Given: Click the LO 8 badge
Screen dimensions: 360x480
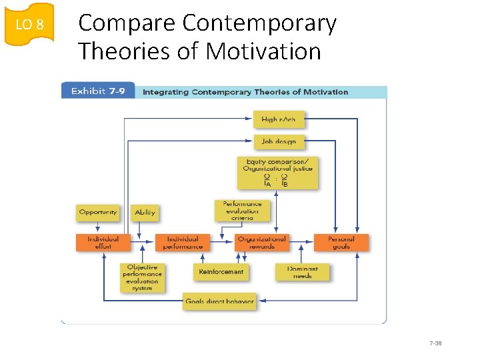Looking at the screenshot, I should [x=29, y=25].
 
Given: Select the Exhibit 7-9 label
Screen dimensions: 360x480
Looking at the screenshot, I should [x=98, y=91].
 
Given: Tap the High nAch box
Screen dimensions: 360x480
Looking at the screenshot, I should [x=279, y=120].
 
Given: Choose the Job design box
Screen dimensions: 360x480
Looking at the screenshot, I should [x=279, y=141].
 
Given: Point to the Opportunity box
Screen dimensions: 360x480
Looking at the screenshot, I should [x=98, y=213].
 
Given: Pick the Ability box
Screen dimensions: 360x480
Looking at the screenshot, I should [x=145, y=213].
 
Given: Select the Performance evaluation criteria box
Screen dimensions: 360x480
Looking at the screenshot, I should [x=242, y=211].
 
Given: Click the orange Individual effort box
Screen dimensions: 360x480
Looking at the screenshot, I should [x=103, y=243].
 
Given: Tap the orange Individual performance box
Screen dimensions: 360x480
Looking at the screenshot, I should [x=183, y=243].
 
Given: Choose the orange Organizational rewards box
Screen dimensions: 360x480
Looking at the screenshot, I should [x=261, y=243].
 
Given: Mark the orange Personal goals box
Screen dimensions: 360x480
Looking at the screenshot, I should [x=341, y=243].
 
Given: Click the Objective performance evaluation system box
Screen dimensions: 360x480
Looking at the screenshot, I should [x=142, y=277].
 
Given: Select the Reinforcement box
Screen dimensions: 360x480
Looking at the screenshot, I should [x=221, y=271].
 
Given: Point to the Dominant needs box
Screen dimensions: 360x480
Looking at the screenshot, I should [x=302, y=272].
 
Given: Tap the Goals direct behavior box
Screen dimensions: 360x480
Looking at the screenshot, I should [x=219, y=301].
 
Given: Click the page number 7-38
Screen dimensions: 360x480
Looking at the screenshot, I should [x=436, y=343].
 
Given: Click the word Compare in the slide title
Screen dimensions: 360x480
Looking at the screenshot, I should [x=127, y=23].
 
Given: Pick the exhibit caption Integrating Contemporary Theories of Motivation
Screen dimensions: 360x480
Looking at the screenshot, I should [x=245, y=92].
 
